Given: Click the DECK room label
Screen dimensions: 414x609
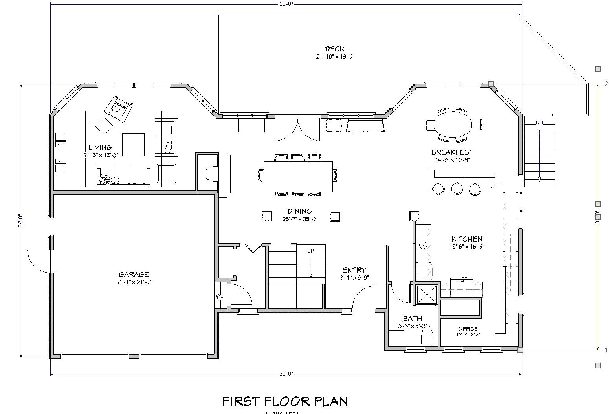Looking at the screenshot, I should point(335,49).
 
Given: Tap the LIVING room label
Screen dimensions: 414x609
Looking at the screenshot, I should point(100,148).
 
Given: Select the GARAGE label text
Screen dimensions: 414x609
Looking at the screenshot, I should point(134,274).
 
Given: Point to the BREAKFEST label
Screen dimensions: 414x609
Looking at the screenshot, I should point(452,152).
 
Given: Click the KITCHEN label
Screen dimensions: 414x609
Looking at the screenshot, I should point(466,239).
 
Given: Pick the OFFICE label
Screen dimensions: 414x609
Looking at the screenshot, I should point(468,329).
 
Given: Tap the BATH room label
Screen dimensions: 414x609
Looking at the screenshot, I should point(412,318).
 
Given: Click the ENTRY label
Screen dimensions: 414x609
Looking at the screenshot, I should point(354,270).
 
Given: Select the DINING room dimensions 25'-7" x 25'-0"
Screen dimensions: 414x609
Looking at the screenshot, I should point(299,219).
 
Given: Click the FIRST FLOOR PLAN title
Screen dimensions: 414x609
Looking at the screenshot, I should point(285,401).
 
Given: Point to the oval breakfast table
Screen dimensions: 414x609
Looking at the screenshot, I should point(452,125).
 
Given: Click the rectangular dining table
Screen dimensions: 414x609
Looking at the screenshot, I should point(298,176).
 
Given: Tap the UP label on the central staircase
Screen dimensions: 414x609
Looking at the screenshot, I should point(310,251).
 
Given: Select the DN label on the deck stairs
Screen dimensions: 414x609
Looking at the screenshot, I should point(539,123).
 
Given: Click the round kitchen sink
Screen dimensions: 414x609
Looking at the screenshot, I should point(423,245).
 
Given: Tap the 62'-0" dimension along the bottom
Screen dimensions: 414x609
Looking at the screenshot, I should point(286,374).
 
